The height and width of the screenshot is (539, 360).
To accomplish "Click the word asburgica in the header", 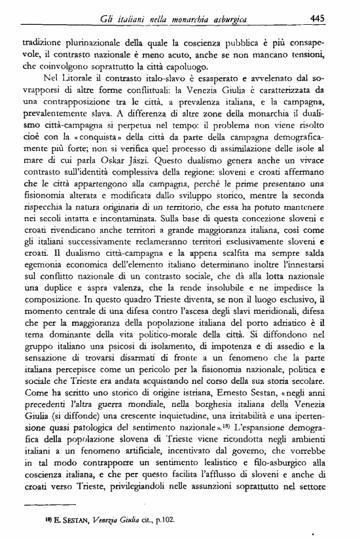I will click(x=242, y=19).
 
